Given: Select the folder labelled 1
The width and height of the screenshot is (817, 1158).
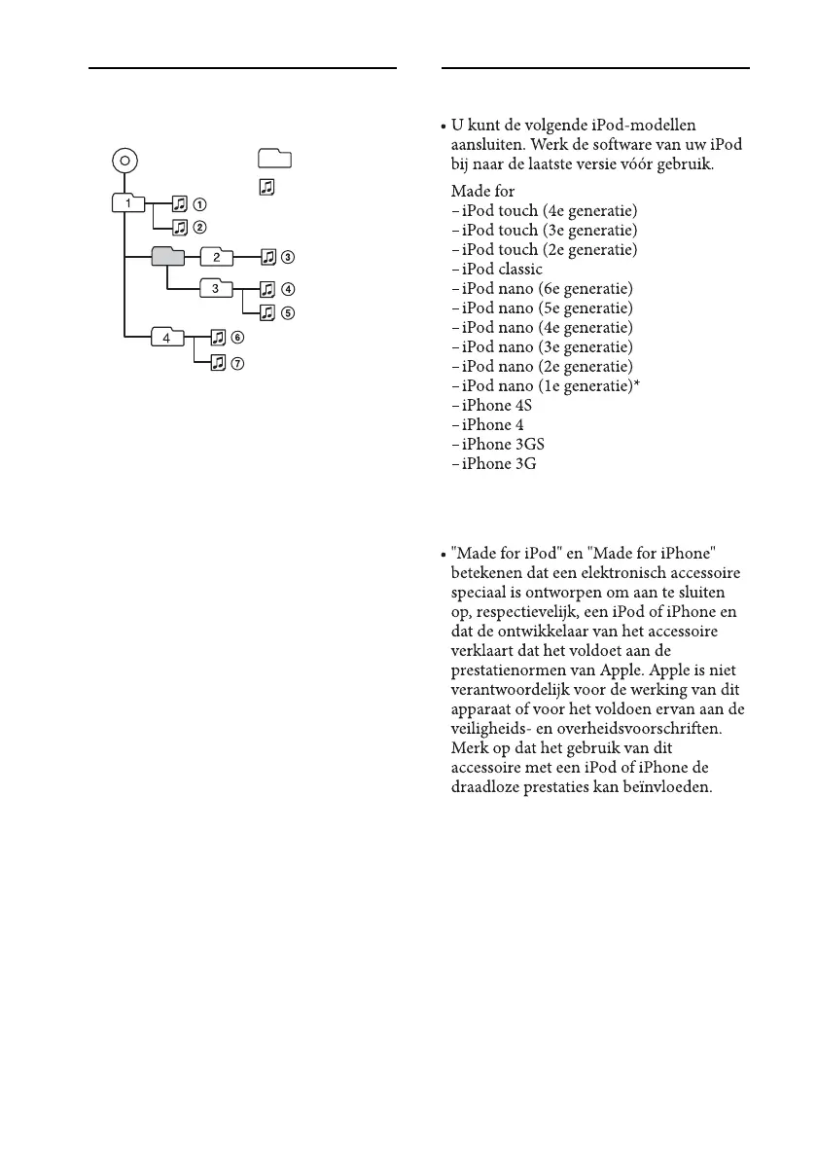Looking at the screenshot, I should (128, 204).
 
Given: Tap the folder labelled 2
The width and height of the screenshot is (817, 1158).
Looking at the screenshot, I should (216, 258).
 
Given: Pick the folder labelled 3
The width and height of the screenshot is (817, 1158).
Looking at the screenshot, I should (216, 288).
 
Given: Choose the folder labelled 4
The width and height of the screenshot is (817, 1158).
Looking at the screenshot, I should (167, 338).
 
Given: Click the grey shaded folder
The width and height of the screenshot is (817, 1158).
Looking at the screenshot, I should (167, 256).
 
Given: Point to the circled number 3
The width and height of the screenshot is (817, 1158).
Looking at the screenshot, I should (288, 258).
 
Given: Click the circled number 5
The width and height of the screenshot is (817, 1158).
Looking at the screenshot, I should (288, 313).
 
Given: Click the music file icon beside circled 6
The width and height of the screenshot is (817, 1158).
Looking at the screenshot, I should (218, 338).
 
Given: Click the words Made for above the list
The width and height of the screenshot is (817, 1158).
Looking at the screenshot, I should (483, 192).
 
